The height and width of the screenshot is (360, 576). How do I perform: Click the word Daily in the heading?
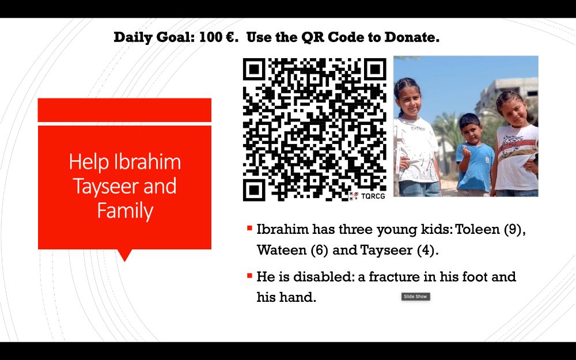tap(132, 38)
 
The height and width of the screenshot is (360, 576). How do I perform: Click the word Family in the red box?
tap(125, 211)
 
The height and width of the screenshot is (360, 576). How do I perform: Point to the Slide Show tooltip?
tap(415, 297)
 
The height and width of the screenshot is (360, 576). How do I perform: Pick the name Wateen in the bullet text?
tap(279, 251)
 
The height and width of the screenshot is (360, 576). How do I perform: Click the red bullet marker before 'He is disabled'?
tap(249, 276)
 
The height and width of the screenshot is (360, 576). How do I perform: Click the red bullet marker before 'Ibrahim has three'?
tap(249, 229)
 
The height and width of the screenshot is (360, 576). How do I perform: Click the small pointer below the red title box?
tap(124, 255)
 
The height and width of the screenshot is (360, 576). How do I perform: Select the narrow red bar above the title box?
tap(124, 110)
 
